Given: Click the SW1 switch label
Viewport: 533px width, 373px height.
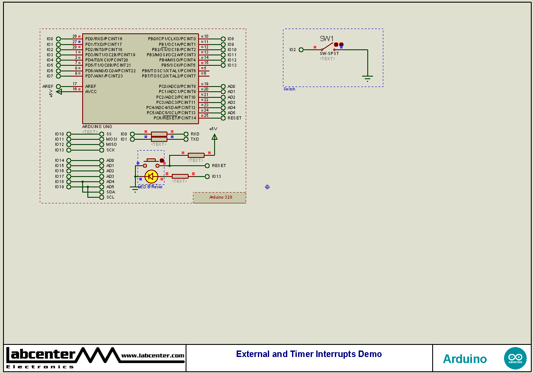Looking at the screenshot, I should tap(327, 39).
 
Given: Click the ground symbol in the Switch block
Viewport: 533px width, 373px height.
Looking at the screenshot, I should tap(367, 79).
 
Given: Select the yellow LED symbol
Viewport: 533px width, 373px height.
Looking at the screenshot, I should tap(151, 176).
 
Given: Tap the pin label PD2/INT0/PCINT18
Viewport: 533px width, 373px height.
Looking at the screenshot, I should tap(104, 50).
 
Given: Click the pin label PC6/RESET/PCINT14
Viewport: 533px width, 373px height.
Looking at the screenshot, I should tap(175, 118).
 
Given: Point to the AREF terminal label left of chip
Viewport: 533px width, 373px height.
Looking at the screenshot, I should tap(48, 87).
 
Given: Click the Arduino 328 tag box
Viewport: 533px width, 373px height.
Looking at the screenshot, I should tap(219, 197).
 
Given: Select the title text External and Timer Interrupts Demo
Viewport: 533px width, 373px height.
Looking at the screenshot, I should tap(309, 354).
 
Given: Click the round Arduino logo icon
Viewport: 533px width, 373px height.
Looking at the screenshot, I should tap(515, 358).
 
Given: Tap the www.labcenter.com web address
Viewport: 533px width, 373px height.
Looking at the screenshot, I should tap(153, 356).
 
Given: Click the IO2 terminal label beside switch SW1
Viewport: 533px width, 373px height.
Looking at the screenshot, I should tap(293, 50).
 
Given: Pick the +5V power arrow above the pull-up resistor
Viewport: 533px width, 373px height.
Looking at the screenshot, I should tap(214, 136).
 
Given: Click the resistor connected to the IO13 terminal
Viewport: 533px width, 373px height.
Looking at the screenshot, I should tap(180, 176).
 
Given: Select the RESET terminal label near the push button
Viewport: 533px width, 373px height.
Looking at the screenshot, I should tap(219, 166).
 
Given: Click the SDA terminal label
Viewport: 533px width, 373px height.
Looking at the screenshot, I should tap(111, 192).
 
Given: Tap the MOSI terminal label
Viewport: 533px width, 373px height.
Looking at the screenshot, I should tap(112, 139).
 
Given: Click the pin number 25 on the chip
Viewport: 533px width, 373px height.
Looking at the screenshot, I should tap(206, 116).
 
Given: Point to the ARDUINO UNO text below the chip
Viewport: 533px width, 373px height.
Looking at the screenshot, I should tap(97, 127).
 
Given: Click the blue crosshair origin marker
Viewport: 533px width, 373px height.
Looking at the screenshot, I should tap(267, 187).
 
